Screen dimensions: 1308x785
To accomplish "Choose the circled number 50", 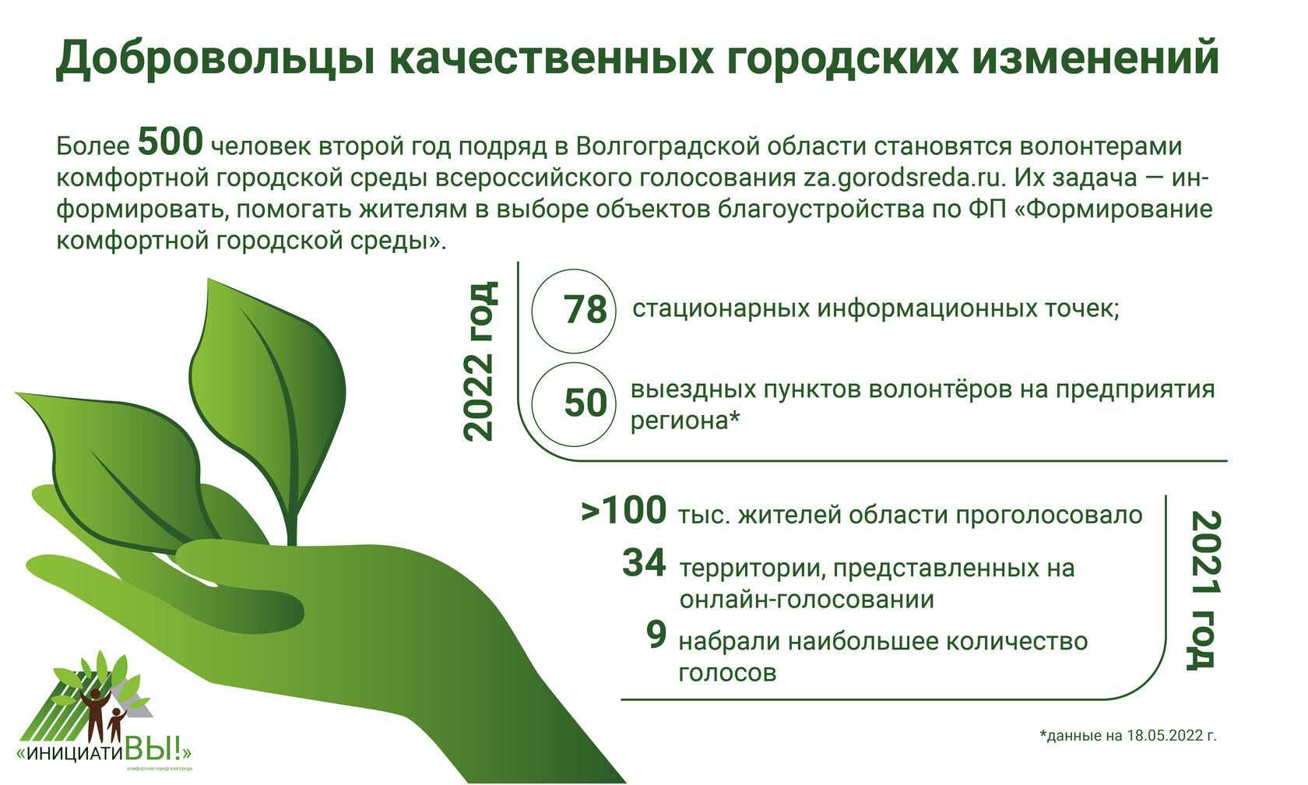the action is click(x=585, y=403).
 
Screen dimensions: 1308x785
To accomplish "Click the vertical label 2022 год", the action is click(x=480, y=361).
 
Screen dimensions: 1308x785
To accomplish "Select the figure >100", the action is click(x=624, y=511).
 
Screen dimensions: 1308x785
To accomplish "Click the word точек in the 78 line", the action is click(x=1081, y=308).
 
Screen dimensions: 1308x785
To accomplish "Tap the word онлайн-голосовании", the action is click(x=807, y=600).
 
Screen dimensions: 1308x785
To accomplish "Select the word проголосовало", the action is click(x=1050, y=516).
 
